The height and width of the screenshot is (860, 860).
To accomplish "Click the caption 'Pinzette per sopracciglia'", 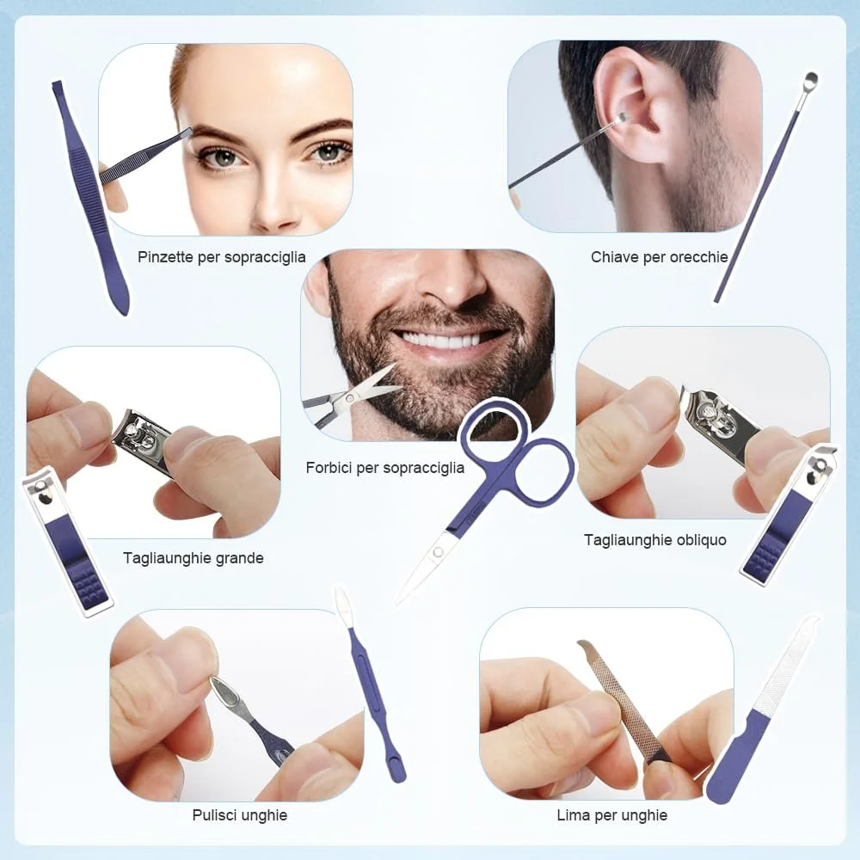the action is click(x=222, y=257).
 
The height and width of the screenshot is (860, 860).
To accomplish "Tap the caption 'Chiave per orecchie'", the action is click(x=660, y=257).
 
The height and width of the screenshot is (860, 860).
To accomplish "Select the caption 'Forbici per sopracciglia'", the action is click(x=385, y=468).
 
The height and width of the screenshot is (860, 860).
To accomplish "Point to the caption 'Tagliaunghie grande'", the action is click(x=193, y=558).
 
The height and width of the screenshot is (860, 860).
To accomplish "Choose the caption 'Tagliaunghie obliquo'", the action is click(x=654, y=540).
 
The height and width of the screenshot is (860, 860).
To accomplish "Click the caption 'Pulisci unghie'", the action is click(x=240, y=815).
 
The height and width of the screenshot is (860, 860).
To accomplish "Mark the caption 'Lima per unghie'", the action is click(x=612, y=815).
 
